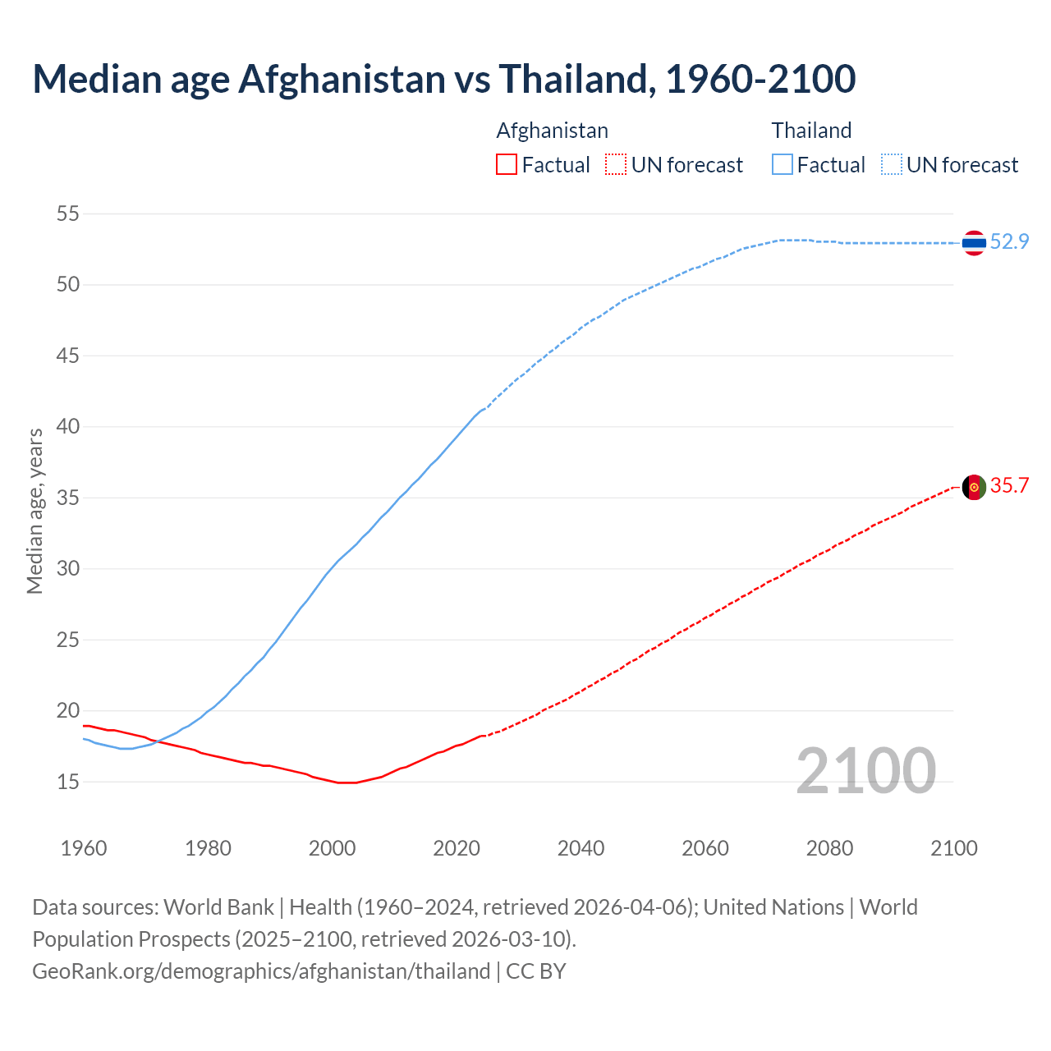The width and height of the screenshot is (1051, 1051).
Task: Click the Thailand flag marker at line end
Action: (x=974, y=243)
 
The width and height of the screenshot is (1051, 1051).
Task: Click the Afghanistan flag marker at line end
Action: (x=974, y=487)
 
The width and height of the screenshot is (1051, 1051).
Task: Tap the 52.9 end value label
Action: (x=1009, y=241)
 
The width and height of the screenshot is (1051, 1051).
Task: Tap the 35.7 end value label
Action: (x=1009, y=485)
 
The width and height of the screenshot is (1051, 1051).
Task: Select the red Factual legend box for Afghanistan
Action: (x=507, y=165)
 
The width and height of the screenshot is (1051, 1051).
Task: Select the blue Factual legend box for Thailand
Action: (x=783, y=165)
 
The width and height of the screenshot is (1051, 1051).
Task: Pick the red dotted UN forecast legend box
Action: (x=616, y=165)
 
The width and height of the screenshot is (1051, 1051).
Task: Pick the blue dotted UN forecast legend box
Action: (x=892, y=165)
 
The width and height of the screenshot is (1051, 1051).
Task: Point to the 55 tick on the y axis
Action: (x=68, y=214)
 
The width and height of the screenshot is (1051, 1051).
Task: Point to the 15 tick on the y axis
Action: (x=68, y=782)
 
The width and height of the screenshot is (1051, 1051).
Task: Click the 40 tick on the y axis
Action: (x=68, y=427)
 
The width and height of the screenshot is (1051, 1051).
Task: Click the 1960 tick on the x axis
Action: (x=84, y=848)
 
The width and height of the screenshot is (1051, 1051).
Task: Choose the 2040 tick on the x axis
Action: (x=581, y=848)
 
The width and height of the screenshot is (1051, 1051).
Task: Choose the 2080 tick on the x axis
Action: (x=829, y=848)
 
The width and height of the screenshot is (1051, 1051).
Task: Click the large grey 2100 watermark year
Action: (x=865, y=770)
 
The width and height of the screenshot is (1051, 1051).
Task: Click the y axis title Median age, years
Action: (x=34, y=511)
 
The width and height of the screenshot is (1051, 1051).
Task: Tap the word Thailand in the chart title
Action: (x=574, y=79)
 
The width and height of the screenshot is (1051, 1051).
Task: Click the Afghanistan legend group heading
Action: (x=552, y=131)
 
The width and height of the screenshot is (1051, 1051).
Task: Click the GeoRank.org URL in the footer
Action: (x=261, y=971)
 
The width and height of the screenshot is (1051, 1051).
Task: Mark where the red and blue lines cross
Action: (x=156, y=741)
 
